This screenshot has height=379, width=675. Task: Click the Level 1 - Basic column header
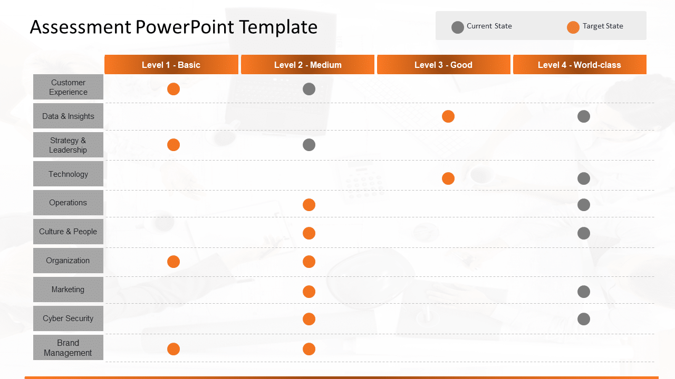pos(171,65)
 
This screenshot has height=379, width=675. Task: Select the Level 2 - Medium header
pos(307,65)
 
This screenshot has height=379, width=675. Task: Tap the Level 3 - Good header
pos(443,65)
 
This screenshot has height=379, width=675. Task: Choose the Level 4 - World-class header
pos(579,65)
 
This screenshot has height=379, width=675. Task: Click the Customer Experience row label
pos(68,87)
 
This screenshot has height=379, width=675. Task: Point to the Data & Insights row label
pos(68,116)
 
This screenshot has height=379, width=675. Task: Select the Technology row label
pos(68,174)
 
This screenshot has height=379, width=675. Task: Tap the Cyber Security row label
pos(68,318)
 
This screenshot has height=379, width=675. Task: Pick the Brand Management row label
pos(68,347)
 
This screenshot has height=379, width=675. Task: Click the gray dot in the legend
pos(458,27)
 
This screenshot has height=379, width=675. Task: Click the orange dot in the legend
pos(573,27)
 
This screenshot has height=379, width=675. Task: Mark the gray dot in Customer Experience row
pos(309,89)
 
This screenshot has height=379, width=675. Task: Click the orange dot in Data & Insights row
pos(448,116)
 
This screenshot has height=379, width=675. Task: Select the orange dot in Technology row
pos(448,178)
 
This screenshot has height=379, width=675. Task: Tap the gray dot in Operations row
pos(584,205)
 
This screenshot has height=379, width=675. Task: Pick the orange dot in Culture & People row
pos(309,233)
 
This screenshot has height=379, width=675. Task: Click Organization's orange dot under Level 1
pos(173,262)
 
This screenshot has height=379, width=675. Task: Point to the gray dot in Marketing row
pos(584,292)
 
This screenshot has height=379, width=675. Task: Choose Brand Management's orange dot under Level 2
pos(309,349)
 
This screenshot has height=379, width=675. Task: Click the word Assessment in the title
pos(80,27)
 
